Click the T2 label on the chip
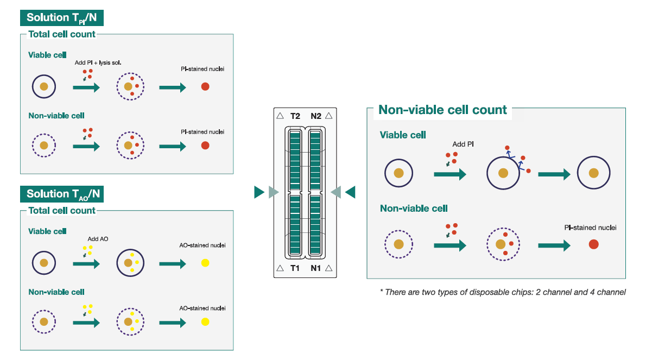pos(295,116)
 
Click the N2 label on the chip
pos(316,116)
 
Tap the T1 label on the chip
pos(295,268)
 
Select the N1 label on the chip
pos(316,268)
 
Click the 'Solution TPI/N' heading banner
pos(62,18)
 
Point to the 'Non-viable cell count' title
pos(442,110)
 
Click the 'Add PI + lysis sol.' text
pos(98,63)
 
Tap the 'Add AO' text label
pos(98,239)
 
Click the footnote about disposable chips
pos(503,292)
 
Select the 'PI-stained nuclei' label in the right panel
pos(590,228)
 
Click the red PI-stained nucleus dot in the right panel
pos(593,245)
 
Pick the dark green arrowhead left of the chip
pos(259,192)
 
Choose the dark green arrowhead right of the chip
pos(350,192)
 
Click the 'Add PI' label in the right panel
pos(463,145)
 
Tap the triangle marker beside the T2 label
pos(280,116)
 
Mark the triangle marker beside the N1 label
pos(328,268)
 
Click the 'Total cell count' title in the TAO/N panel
pos(61,211)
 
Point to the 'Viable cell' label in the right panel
pos(402,135)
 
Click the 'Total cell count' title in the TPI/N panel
pos(61,34)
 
